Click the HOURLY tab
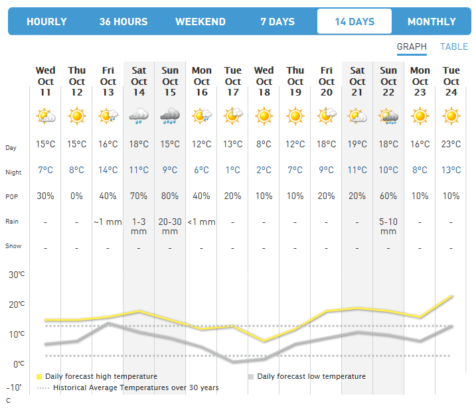click(46, 22)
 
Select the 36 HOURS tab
click(123, 22)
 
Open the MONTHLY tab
click(432, 22)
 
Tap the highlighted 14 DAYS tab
click(355, 22)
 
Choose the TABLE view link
click(454, 46)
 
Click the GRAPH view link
click(412, 46)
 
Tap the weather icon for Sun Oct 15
click(170, 117)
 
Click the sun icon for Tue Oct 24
click(451, 117)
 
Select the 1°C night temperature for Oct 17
click(233, 171)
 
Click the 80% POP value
click(170, 196)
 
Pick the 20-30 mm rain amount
click(170, 226)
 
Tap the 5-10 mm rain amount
click(388, 226)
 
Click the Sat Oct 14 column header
click(139, 82)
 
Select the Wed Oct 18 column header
click(264, 82)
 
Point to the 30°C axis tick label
click(17, 274)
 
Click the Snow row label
click(13, 246)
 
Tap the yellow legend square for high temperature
click(39, 377)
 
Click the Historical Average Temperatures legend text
click(135, 387)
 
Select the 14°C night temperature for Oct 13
click(108, 171)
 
